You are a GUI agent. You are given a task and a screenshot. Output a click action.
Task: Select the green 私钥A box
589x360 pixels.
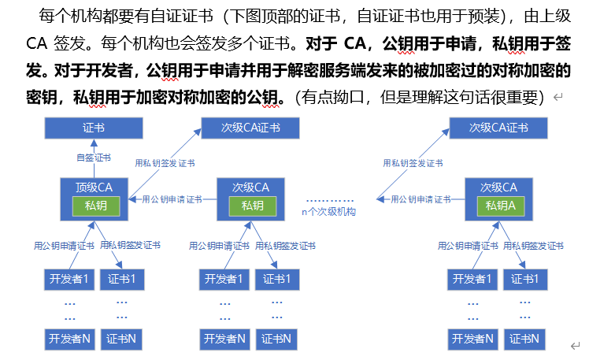click(499, 206)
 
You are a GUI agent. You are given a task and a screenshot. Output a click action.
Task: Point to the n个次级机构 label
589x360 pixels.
click(329, 212)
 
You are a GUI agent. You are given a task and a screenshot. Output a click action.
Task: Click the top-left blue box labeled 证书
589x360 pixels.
click(94, 128)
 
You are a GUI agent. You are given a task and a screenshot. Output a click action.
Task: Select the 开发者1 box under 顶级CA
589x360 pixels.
click(68, 279)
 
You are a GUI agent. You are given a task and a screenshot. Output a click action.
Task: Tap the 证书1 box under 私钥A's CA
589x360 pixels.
click(527, 279)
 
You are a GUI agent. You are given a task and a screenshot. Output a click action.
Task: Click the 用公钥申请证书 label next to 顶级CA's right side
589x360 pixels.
click(172, 199)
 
